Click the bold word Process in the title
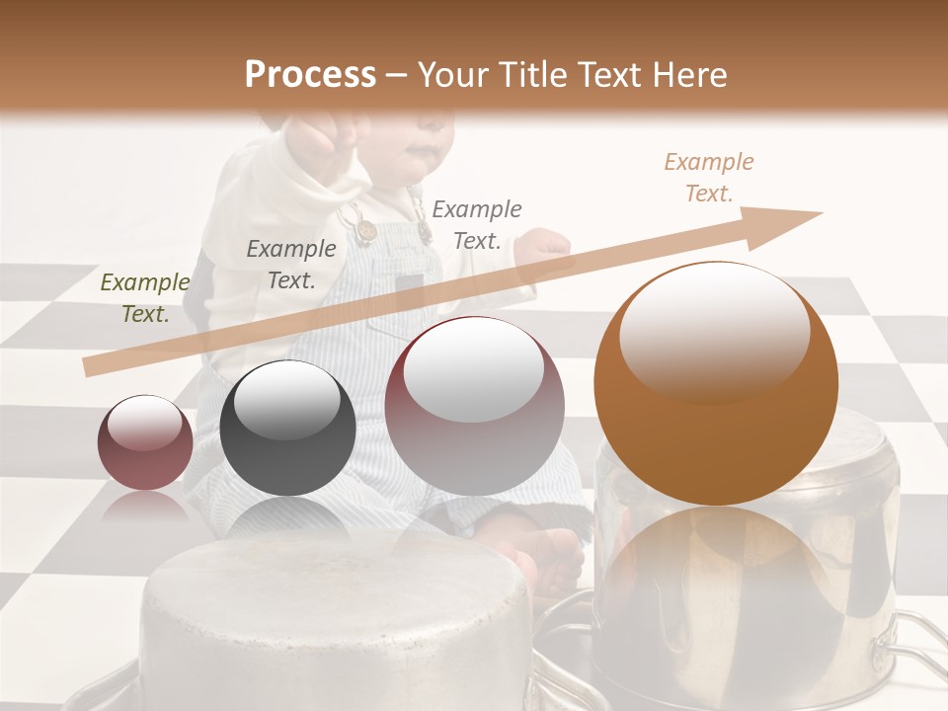click(x=310, y=75)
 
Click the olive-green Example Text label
click(x=144, y=298)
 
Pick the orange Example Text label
click(x=709, y=178)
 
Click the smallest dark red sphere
click(x=145, y=443)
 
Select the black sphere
click(x=287, y=428)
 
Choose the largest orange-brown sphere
click(x=716, y=383)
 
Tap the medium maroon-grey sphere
click(x=474, y=405)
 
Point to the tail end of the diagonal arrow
click(x=91, y=367)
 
